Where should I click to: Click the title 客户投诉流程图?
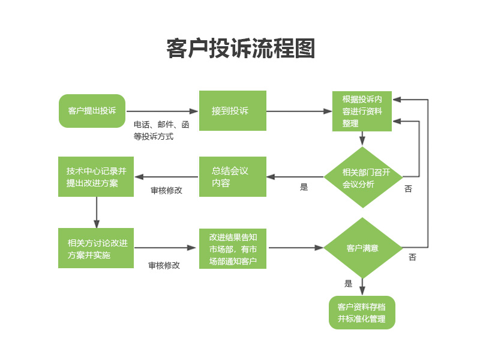(x=240, y=49)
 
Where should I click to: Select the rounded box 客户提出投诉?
(x=92, y=111)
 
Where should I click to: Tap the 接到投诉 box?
(x=233, y=111)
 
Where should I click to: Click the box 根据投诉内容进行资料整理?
(x=362, y=111)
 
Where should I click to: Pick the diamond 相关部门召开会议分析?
(x=362, y=178)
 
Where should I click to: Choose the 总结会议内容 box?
(x=233, y=177)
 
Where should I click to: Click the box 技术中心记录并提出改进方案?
(x=96, y=177)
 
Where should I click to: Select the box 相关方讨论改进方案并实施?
(x=96, y=248)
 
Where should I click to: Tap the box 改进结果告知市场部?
(x=233, y=248)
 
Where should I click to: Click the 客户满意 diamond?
(x=362, y=248)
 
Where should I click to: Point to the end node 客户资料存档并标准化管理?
(x=362, y=313)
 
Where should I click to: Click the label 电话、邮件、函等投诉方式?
(x=161, y=130)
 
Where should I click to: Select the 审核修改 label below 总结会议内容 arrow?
(x=166, y=190)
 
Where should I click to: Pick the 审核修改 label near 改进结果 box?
(x=164, y=265)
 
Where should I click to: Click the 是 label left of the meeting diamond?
(x=304, y=187)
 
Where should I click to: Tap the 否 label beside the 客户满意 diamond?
(x=412, y=257)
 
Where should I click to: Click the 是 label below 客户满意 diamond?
(x=349, y=284)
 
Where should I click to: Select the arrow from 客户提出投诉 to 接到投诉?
(x=162, y=111)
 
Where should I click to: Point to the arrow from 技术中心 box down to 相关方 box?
(x=96, y=212)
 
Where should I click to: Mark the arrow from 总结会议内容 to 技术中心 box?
(x=167, y=177)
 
